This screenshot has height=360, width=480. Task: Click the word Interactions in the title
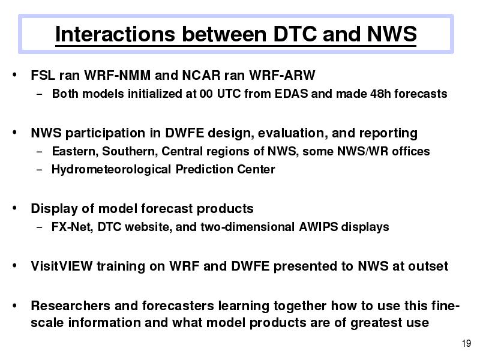115,34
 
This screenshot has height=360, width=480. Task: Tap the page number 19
466,343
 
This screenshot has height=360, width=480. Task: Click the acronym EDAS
291,94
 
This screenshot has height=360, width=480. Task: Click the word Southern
130,151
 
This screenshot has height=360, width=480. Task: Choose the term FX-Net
72,227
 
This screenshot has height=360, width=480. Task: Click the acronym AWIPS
319,227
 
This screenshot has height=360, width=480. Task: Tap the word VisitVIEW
62,266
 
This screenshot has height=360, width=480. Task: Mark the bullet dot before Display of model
14,208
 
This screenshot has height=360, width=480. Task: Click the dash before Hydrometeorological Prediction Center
39,169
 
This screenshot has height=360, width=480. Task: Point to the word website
148,227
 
